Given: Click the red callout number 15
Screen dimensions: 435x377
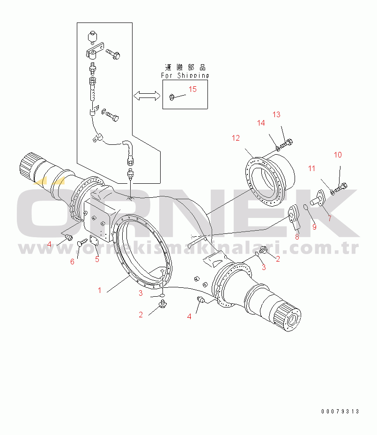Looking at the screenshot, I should coord(193,89).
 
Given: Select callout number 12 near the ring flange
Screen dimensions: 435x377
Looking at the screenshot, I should coord(235,138).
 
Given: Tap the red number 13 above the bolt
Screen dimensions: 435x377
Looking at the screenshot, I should coord(276,115).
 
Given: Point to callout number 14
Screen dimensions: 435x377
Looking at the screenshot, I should coord(260,123).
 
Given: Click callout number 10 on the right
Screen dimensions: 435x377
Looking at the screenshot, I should coord(338,155).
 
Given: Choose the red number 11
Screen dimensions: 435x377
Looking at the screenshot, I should coord(312,168).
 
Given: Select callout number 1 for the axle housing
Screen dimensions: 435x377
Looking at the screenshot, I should coord(99,290).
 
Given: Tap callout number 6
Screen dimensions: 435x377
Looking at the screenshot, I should coord(72,262).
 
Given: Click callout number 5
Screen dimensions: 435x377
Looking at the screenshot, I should coord(97,259).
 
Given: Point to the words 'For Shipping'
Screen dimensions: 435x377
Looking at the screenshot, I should coord(185,75).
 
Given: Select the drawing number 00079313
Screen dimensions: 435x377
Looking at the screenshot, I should coord(340,412).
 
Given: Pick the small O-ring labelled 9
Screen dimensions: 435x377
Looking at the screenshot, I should coord(305,208).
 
